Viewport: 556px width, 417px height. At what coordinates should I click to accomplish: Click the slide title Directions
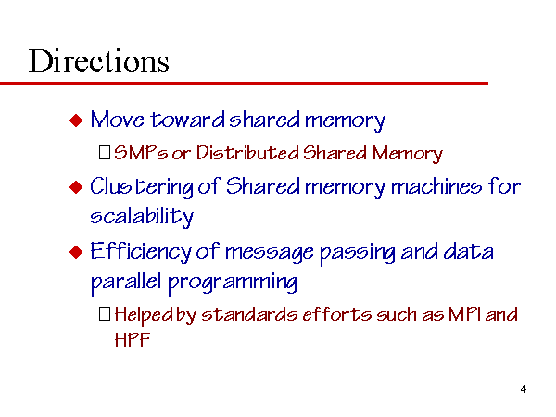pyautogui.click(x=98, y=61)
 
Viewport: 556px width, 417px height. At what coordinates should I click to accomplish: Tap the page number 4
pyautogui.click(x=524, y=389)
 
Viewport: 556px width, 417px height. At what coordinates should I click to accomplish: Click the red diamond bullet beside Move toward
pyautogui.click(x=76, y=120)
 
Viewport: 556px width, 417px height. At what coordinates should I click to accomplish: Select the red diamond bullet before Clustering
pyautogui.click(x=76, y=187)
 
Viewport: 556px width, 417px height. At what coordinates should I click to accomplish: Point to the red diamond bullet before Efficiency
pyautogui.click(x=76, y=252)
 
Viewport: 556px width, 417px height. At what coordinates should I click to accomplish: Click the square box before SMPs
pyautogui.click(x=105, y=153)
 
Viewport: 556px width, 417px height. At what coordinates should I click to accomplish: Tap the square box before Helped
pyautogui.click(x=105, y=313)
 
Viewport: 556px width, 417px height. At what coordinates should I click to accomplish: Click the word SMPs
pyautogui.click(x=141, y=153)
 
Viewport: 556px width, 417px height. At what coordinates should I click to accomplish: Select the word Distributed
pyautogui.click(x=247, y=153)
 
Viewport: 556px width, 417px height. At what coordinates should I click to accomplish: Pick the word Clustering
pyautogui.click(x=142, y=187)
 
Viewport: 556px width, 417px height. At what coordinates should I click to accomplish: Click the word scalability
pyautogui.click(x=142, y=216)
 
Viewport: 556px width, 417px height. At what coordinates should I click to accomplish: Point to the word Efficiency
pyautogui.click(x=141, y=252)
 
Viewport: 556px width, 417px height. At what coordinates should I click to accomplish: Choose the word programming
pyautogui.click(x=233, y=283)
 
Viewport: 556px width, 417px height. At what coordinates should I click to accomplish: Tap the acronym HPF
pyautogui.click(x=133, y=339)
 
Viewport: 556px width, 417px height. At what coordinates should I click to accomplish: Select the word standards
pyautogui.click(x=249, y=314)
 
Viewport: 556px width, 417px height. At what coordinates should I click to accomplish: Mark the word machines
pyautogui.click(x=436, y=186)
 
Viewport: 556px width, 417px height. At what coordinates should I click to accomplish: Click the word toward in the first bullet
pyautogui.click(x=188, y=120)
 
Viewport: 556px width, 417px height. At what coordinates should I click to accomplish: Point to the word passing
pyautogui.click(x=358, y=254)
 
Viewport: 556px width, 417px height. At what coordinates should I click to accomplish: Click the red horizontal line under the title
pyautogui.click(x=244, y=83)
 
